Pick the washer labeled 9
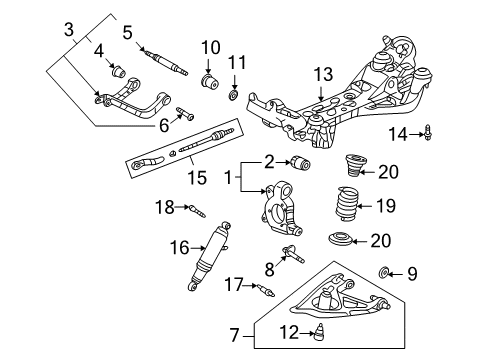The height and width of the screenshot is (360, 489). [x=413, y=272]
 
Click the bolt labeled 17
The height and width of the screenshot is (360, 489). [x=265, y=292]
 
